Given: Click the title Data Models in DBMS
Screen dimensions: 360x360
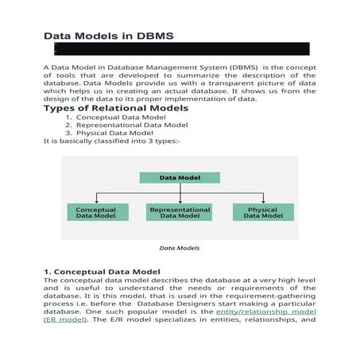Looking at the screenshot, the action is (x=107, y=36).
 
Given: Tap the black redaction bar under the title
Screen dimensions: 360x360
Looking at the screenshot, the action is (x=176, y=49).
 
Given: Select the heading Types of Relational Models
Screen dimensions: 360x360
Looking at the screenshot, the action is (x=115, y=108).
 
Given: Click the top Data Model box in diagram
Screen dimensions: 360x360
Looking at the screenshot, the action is (x=179, y=178).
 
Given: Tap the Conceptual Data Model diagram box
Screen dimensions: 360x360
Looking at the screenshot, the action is (x=96, y=212).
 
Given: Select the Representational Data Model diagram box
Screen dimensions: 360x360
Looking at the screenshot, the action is (x=179, y=212).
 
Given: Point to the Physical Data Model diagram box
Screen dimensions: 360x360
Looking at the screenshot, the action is (x=263, y=212).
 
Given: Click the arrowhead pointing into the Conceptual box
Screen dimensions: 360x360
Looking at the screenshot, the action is (x=96, y=201).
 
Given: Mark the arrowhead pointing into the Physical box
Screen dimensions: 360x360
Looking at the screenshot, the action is (x=263, y=201).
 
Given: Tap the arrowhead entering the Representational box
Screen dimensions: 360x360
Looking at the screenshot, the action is (x=179, y=201).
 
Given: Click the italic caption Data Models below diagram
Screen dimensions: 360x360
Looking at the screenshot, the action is (x=179, y=248).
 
